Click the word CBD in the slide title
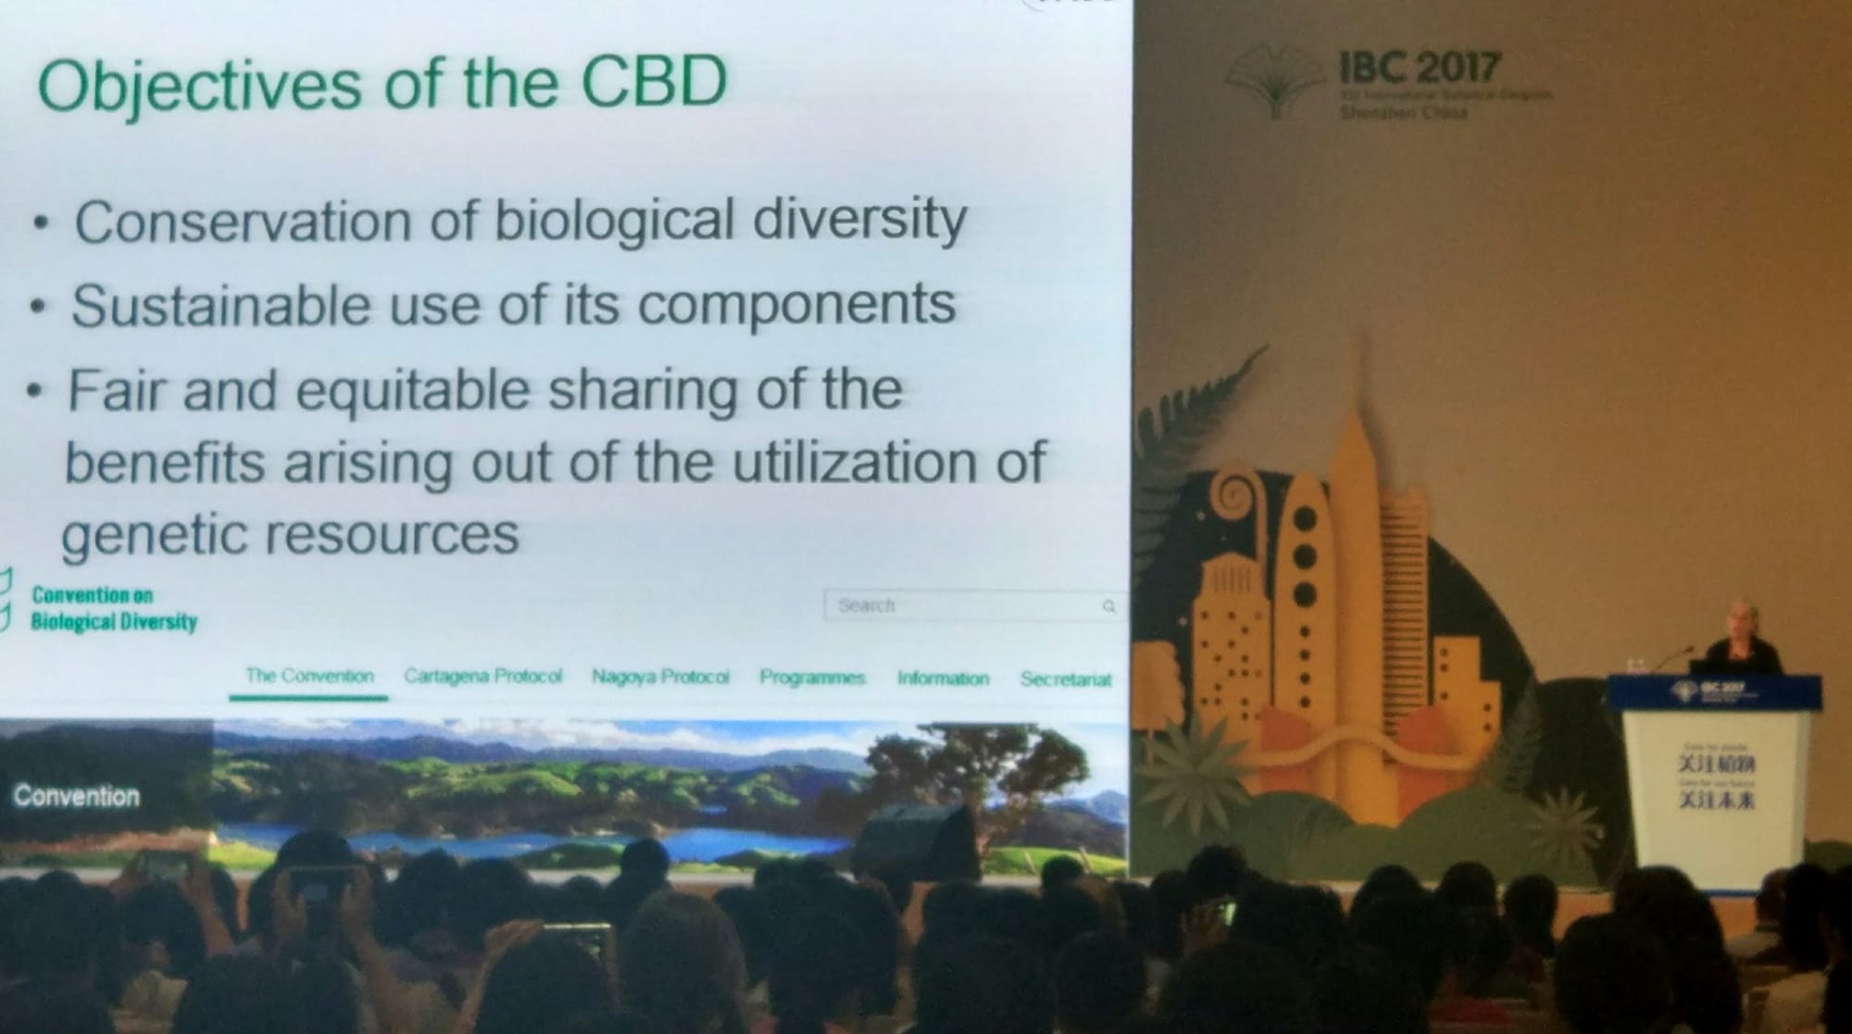(x=653, y=82)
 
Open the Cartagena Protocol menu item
(x=482, y=676)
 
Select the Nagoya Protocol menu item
(x=660, y=677)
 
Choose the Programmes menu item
(x=812, y=678)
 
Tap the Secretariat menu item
(x=1065, y=679)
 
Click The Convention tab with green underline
(x=309, y=676)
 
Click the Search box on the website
(x=963, y=606)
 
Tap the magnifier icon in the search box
(x=1108, y=607)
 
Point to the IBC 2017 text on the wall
(x=1418, y=67)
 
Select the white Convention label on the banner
(x=76, y=796)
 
